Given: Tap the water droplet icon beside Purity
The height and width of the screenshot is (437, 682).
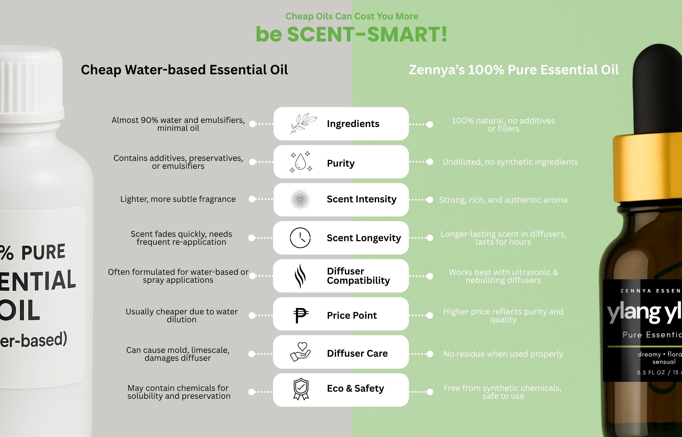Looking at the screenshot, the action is (x=301, y=162).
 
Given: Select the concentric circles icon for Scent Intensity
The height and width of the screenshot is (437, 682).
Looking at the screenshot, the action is (x=300, y=199).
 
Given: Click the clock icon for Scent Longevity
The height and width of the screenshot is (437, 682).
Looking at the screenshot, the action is (x=300, y=238).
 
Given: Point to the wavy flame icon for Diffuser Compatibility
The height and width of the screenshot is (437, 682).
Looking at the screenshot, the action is (x=300, y=276).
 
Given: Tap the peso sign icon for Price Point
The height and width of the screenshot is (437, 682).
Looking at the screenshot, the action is (x=300, y=315).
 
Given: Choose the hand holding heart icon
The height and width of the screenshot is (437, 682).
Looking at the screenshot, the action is (x=300, y=352).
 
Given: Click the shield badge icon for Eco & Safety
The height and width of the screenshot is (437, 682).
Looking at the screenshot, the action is (x=301, y=389).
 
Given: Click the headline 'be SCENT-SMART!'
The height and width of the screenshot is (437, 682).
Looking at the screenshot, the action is (x=351, y=34).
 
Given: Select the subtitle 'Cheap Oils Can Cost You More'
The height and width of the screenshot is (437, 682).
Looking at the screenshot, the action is (x=352, y=16).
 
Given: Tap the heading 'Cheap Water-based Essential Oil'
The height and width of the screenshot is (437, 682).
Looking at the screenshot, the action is (x=184, y=70).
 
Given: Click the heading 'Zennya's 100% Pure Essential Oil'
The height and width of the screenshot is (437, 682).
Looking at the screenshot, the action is (x=513, y=70).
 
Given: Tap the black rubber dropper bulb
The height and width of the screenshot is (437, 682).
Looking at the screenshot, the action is (x=657, y=91).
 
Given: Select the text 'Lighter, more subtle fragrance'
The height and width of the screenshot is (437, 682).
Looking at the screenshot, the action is (x=178, y=199).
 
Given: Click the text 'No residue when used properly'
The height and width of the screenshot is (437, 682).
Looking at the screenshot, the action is (x=503, y=354).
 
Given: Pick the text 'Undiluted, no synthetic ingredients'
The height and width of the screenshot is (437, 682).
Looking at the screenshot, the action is (x=510, y=162).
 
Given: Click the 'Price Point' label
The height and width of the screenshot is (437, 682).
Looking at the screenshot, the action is (x=352, y=315).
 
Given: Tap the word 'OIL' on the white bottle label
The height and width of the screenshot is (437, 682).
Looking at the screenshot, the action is (x=20, y=310).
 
